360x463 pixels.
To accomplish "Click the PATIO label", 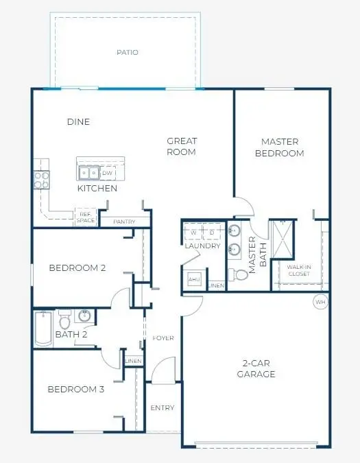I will (x=128, y=52).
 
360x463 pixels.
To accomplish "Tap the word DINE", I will (x=78, y=122).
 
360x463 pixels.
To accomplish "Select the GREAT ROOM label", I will (x=182, y=147).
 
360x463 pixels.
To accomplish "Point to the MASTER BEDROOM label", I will (x=279, y=147).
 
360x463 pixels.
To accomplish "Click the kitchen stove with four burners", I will (x=41, y=180).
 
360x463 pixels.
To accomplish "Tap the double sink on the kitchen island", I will (x=88, y=172).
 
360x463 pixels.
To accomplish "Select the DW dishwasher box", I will (x=108, y=173).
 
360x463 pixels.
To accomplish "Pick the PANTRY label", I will (x=123, y=222).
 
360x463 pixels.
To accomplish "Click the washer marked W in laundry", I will (x=193, y=233).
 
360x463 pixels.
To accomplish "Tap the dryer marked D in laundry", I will (x=212, y=233).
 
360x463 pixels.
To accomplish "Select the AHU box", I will (x=193, y=280).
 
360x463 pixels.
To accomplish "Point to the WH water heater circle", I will (x=320, y=301).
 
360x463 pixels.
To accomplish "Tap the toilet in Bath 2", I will (x=64, y=320).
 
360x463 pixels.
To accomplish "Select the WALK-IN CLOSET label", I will (x=298, y=270).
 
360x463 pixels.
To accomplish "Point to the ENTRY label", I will (x=163, y=408).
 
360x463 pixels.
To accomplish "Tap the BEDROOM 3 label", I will (x=75, y=390).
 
